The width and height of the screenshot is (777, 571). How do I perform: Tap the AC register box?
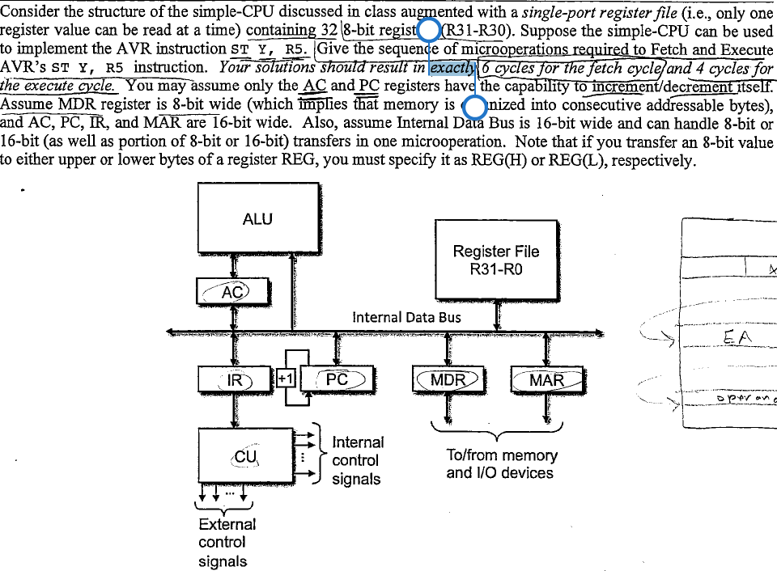tap(233, 291)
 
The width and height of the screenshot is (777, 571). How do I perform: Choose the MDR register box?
tap(448, 379)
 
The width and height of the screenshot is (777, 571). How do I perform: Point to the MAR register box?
tap(546, 379)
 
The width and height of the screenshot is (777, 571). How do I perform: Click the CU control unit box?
tap(245, 458)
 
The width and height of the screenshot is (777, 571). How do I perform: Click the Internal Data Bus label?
tap(406, 317)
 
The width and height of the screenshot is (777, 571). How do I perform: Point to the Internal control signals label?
tap(358, 460)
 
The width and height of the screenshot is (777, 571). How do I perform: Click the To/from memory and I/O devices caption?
tap(502, 464)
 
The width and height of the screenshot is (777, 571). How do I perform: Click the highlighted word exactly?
tap(454, 68)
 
